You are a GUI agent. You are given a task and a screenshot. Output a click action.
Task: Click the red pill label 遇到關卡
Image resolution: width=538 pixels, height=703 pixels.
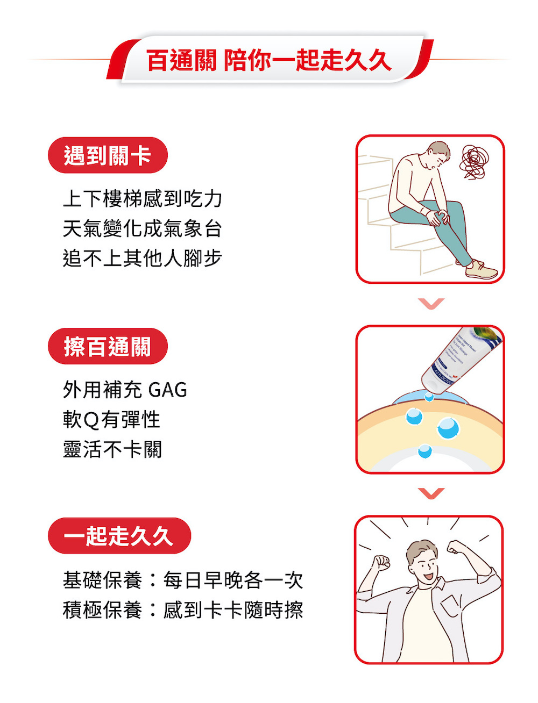coord(108,155)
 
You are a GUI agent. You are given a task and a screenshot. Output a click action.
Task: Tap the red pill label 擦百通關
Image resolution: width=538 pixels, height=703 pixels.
coord(108,346)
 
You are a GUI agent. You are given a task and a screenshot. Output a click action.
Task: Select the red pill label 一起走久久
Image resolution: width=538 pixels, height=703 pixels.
coord(119,536)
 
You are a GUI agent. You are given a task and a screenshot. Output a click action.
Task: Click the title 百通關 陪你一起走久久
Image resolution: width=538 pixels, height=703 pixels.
coord(268,60)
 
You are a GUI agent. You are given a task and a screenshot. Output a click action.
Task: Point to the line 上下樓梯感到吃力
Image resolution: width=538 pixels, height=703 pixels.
coord(143,199)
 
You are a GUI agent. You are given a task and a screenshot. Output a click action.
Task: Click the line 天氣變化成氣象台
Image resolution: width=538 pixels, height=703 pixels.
coord(143,229)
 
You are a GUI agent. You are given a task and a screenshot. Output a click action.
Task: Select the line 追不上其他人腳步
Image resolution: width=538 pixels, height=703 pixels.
coord(143,259)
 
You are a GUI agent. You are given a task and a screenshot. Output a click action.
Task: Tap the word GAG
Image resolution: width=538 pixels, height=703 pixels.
coord(167,390)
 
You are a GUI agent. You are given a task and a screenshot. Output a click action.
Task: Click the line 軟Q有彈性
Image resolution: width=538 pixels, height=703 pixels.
coord(111,420)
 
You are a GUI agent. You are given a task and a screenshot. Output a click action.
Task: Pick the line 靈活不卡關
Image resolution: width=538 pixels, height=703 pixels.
coord(112,450)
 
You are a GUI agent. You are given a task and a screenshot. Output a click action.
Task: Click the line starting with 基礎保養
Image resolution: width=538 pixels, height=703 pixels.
coord(183,580)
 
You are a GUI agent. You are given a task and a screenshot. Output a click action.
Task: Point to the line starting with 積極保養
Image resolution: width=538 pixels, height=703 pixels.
coord(183,611)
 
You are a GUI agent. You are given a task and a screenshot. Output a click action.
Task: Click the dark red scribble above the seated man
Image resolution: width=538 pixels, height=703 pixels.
coord(473,161)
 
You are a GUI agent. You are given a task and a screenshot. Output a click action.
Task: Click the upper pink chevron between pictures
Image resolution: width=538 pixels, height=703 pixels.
coord(430,304)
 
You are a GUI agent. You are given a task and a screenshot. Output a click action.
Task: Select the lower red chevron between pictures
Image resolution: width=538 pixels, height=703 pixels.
coord(430,493)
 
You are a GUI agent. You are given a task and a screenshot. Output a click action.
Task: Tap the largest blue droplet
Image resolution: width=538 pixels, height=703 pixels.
coord(448,428)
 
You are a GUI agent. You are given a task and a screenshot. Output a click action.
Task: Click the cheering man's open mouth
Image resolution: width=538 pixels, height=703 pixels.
coord(428,576)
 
